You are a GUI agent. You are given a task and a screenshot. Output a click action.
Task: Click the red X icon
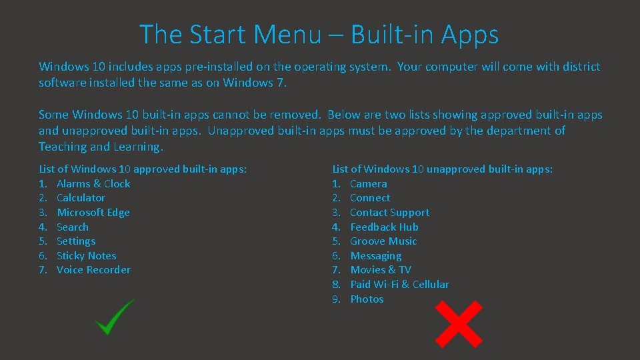click(x=459, y=324)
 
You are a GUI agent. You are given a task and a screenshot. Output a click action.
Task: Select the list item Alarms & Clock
click(x=93, y=183)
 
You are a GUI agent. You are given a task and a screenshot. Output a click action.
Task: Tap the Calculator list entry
click(x=81, y=198)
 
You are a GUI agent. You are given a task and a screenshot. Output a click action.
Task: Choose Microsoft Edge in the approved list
click(x=93, y=213)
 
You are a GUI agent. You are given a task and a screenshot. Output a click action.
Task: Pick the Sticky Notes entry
click(x=86, y=256)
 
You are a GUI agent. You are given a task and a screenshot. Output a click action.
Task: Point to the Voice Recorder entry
click(x=93, y=270)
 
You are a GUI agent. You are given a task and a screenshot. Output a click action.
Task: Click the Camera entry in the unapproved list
click(x=368, y=183)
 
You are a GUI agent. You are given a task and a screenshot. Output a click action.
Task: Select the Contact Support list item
click(x=389, y=213)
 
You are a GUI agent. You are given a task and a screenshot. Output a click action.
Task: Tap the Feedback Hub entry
click(x=384, y=227)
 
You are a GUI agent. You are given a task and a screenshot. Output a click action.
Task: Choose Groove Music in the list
click(x=383, y=241)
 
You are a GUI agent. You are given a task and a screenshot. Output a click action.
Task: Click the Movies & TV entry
click(x=380, y=270)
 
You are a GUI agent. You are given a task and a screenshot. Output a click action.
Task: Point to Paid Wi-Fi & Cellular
click(x=399, y=285)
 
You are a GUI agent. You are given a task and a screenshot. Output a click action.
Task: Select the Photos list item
click(x=367, y=299)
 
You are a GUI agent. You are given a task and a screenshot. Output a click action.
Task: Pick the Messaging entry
click(x=375, y=256)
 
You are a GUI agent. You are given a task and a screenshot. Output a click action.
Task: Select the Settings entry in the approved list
click(x=76, y=241)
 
